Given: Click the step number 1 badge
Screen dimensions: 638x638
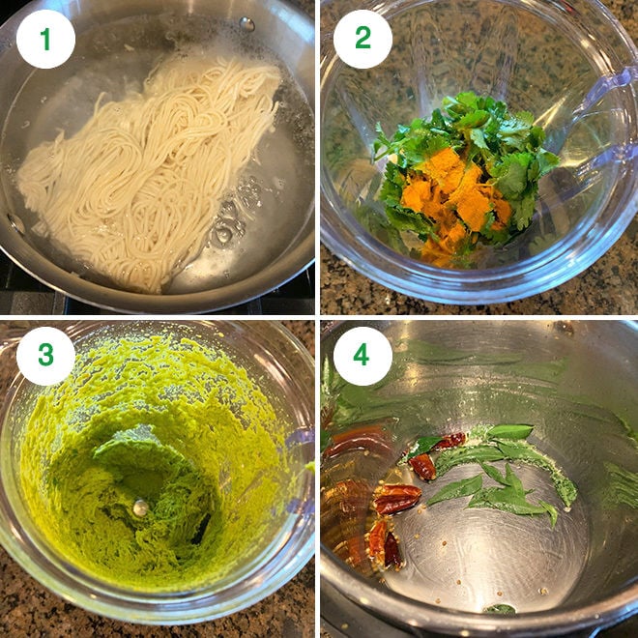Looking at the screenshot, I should point(45,39).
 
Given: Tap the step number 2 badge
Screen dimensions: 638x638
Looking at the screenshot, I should point(362,39).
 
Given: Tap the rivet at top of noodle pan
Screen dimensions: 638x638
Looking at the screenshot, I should point(247,23).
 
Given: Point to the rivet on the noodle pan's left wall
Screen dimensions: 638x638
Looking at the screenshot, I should point(16,223).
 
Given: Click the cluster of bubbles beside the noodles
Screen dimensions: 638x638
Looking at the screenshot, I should point(226,232).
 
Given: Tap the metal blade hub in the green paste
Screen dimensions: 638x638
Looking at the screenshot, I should point(141,507).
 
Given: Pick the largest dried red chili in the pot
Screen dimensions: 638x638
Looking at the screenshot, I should point(396,499).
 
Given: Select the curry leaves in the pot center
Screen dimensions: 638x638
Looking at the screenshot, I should point(503,478).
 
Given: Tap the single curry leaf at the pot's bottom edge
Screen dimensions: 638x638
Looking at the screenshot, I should point(500,609).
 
